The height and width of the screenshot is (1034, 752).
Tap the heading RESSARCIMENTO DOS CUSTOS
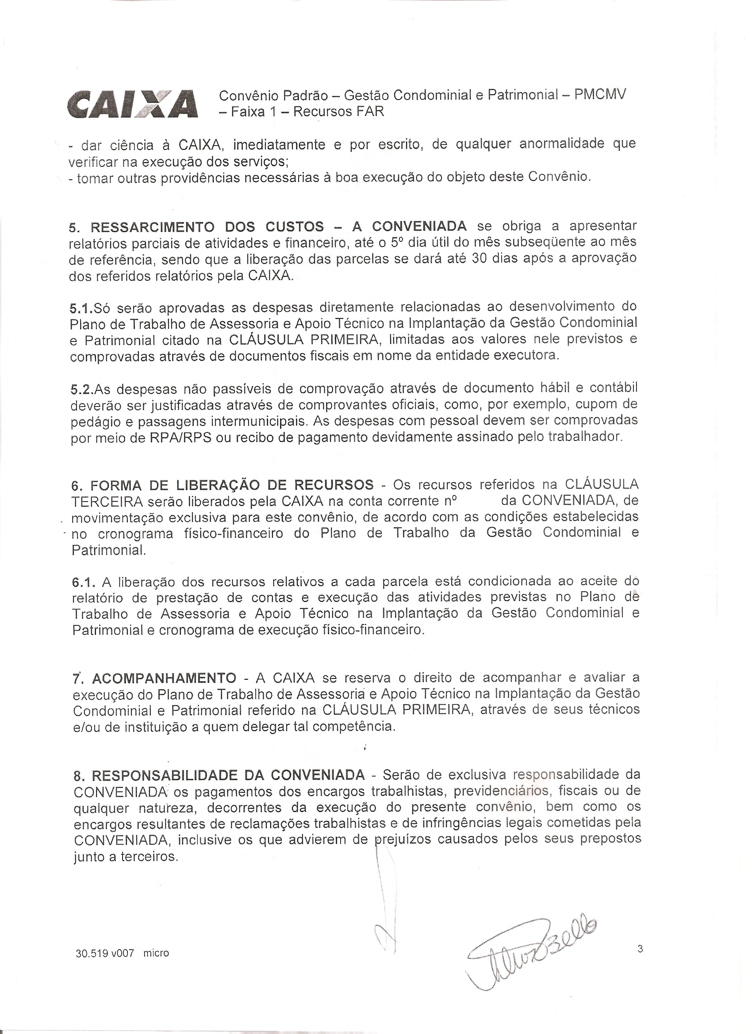pos(207,226)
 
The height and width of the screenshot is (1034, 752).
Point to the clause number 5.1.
pos(81,309)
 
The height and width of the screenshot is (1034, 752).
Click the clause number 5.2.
pos(82,389)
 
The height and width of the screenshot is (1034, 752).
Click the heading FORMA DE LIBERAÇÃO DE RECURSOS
pos(232,485)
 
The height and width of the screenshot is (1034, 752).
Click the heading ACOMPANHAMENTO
pos(164,678)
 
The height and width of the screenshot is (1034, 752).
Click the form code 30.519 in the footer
pos(90,954)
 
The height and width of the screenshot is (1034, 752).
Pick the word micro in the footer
pos(156,954)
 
